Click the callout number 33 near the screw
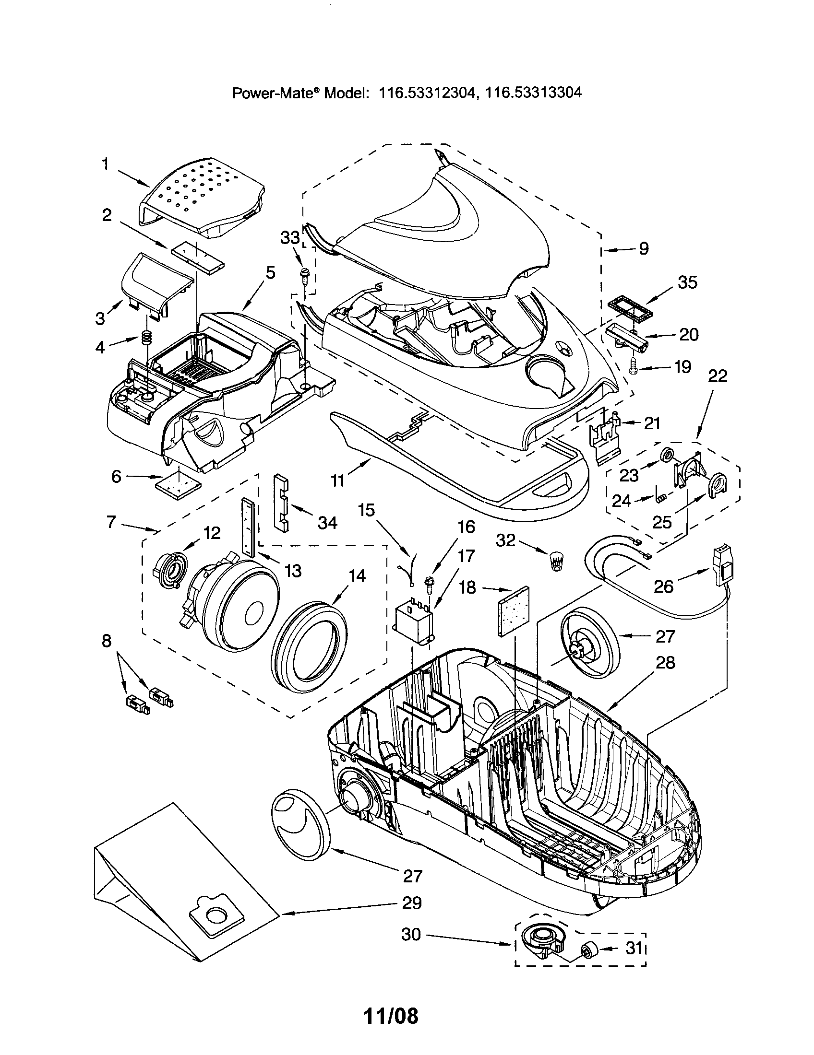click(290, 238)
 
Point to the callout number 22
click(718, 376)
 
